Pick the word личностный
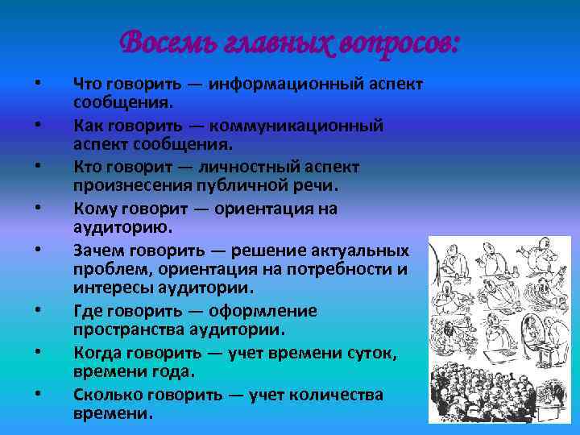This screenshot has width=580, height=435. [255, 167]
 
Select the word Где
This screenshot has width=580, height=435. [86, 312]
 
